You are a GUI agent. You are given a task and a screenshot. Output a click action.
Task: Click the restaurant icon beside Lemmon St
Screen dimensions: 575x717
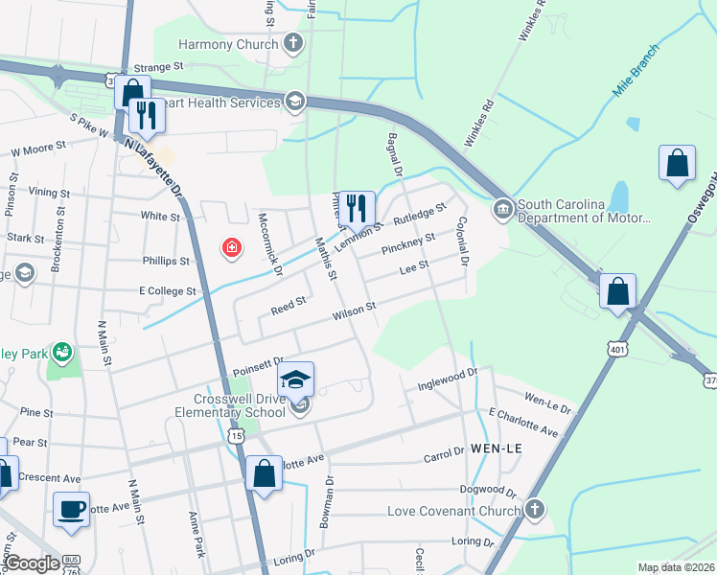tap(357, 208)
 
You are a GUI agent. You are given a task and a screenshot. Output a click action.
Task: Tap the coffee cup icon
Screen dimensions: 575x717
tap(70, 509)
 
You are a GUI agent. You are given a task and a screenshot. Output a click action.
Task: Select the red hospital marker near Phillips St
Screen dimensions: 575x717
tap(231, 249)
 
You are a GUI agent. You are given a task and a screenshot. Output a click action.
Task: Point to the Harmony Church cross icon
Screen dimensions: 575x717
tap(293, 43)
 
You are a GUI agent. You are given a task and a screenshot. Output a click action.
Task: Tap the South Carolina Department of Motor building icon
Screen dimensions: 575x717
tap(502, 209)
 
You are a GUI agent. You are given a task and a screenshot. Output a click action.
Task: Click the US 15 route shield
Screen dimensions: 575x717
tap(237, 436)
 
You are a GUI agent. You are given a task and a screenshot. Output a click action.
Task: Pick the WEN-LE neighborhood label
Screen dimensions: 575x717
tap(494, 448)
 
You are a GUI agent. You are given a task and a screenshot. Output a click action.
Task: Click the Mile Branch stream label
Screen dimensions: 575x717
tap(636, 74)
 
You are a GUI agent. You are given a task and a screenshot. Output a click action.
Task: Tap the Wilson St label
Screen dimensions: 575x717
tap(354, 311)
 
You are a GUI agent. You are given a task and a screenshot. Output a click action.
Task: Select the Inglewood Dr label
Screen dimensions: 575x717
tap(447, 379)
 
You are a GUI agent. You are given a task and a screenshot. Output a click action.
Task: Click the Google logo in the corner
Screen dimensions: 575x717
tap(33, 563)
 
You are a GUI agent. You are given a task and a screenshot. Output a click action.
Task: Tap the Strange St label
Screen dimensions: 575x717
tap(157, 67)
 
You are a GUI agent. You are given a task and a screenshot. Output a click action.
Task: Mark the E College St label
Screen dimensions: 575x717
tap(167, 290)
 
